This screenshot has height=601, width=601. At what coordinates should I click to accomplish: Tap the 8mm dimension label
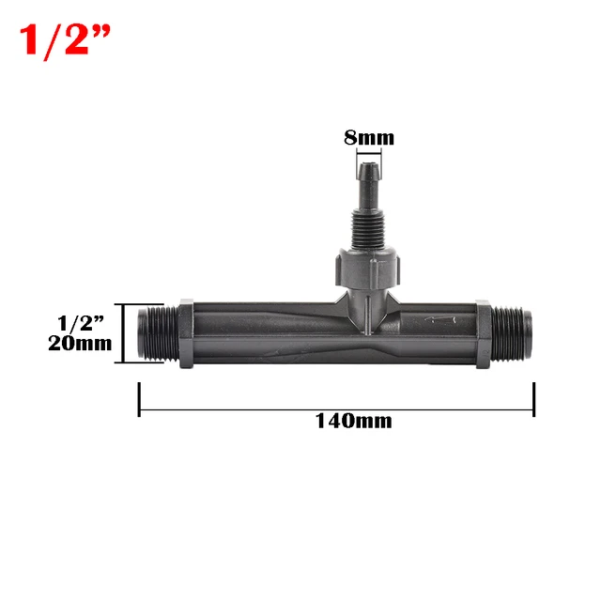[x=368, y=138]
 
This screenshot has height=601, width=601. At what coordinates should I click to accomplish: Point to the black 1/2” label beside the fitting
[x=77, y=323]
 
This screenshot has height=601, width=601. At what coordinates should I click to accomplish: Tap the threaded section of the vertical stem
[x=367, y=224]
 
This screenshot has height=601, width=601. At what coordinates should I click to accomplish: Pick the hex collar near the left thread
[x=185, y=334]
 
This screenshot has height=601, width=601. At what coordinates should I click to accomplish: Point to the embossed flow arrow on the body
[x=438, y=321]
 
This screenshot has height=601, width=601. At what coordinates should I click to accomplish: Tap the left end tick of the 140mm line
[x=140, y=398]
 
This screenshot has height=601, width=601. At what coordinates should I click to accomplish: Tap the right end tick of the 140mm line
[x=533, y=398]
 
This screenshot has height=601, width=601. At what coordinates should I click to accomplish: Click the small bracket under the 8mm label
[x=368, y=155]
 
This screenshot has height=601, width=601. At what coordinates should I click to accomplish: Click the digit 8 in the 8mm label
[x=350, y=138]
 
